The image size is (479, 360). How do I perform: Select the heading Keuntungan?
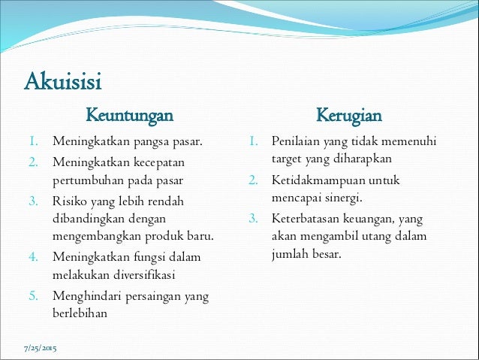click(x=129, y=116)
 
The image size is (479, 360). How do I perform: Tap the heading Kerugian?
click(x=348, y=116)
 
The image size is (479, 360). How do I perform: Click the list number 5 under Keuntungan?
click(x=35, y=295)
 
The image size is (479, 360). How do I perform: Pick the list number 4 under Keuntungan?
click(x=35, y=257)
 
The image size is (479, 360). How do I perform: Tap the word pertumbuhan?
click(x=86, y=180)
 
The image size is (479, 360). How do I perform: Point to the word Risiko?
click(x=69, y=201)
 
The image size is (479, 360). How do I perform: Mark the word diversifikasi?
click(x=136, y=274)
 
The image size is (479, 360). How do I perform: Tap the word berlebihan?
click(x=80, y=313)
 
